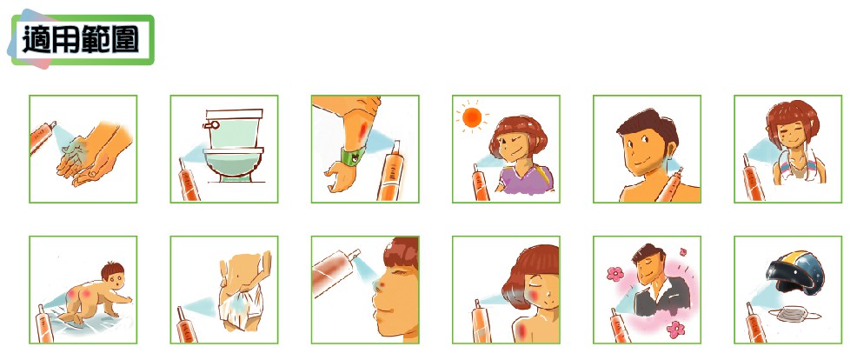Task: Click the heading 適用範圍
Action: tap(80, 40)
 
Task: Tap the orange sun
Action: tap(471, 117)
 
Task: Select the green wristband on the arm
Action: tap(353, 156)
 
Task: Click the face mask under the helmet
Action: tap(794, 314)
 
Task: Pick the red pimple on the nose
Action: tap(381, 286)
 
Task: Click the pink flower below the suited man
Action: tap(676, 329)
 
